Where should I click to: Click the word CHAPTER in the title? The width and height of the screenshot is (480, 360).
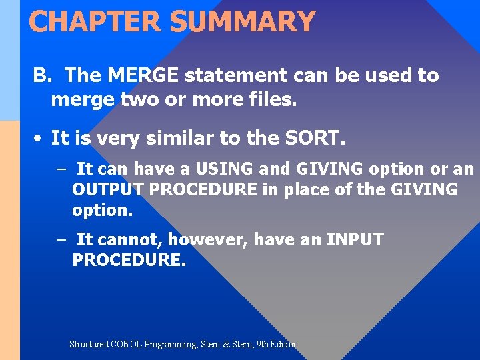click(x=95, y=21)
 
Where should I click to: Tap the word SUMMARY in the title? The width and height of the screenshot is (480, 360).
click(x=242, y=21)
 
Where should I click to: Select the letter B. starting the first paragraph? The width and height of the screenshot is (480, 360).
click(x=43, y=75)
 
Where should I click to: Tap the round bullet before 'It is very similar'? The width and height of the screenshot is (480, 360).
click(x=39, y=139)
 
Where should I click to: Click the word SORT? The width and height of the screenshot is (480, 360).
click(x=313, y=138)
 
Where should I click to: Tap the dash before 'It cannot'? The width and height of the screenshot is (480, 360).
click(x=61, y=239)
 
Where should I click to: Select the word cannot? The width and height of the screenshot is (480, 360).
click(x=128, y=239)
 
